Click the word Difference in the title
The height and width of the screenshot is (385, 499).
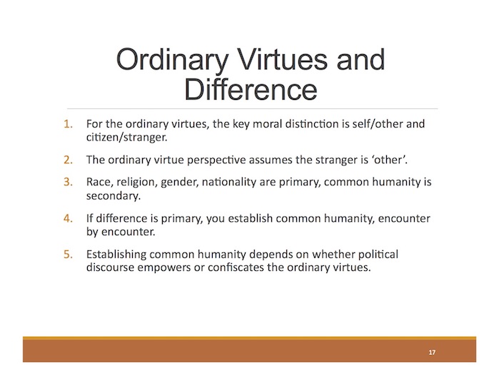(251, 90)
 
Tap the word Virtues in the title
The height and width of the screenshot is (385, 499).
(282, 59)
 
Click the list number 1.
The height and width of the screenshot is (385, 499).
(68, 123)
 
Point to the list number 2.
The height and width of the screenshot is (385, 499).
(68, 160)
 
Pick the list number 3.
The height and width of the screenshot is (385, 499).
(68, 182)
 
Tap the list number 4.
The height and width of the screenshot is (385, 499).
(68, 218)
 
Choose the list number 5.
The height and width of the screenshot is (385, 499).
(68, 255)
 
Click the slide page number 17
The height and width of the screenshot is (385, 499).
(432, 352)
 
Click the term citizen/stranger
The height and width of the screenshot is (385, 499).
(126, 138)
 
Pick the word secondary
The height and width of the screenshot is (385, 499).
(114, 196)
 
